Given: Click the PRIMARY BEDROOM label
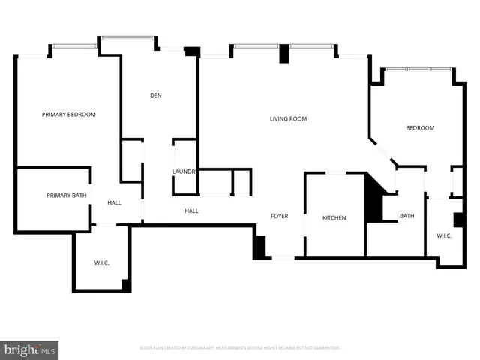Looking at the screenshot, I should pos(69,115).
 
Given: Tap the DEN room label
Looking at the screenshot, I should pos(156,95).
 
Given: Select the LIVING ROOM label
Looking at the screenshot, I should pos(289,119).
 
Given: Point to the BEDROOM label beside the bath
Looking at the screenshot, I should pos(420,128).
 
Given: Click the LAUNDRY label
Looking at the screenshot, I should pos(184,172).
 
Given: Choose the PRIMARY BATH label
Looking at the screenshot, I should pos(66,196).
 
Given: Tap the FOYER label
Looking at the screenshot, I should pos(280,217).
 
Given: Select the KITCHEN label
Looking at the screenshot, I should pos(334,218).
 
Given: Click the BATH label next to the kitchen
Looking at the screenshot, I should pos(406,217).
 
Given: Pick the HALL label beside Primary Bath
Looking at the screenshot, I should pos(114,203).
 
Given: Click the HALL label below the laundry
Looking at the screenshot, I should pos(192,211).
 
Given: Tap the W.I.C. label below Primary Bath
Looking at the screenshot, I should pos(102,262).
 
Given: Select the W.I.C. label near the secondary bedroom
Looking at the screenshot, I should pos(444,236).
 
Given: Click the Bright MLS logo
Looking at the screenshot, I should pos(30,349).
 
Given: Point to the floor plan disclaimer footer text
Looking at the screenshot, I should pos(240,348).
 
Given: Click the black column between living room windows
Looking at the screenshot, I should pos(283,55).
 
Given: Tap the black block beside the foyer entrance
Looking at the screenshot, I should pos(259,248).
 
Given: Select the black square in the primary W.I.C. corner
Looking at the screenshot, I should pos(126,285).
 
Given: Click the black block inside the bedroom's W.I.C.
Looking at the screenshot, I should pos(457,220).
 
